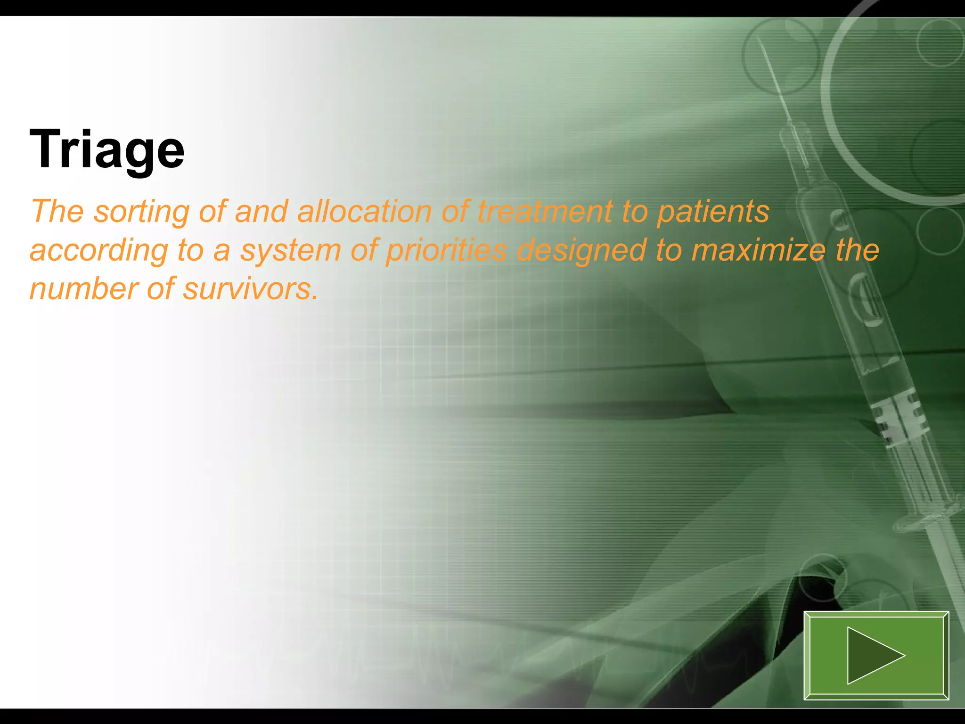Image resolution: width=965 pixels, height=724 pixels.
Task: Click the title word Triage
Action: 107,150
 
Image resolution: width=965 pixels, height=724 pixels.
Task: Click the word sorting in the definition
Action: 141,212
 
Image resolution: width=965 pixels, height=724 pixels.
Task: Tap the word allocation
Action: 364,212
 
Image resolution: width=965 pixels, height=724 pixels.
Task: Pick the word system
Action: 291,251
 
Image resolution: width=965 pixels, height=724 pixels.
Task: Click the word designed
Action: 581,251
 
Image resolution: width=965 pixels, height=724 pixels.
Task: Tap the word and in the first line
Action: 261,212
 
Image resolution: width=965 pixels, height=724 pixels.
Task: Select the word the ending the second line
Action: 857,250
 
